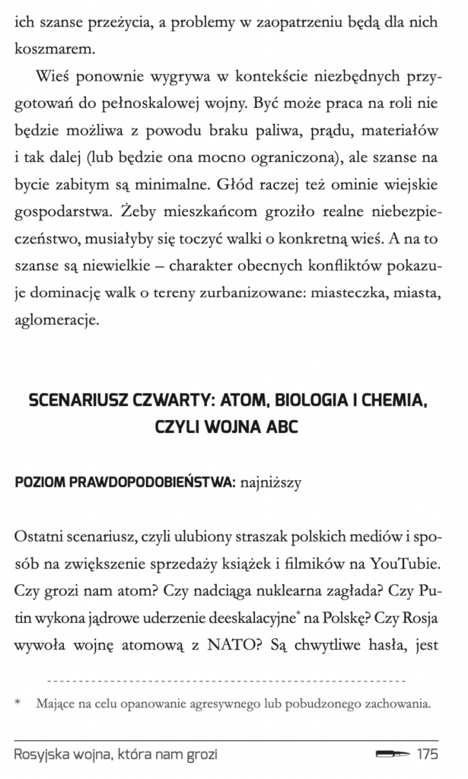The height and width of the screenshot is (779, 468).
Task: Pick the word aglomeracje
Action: (x=56, y=320)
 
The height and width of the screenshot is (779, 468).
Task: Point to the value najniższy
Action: (x=269, y=482)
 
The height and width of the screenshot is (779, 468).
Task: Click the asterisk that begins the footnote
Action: (x=18, y=704)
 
